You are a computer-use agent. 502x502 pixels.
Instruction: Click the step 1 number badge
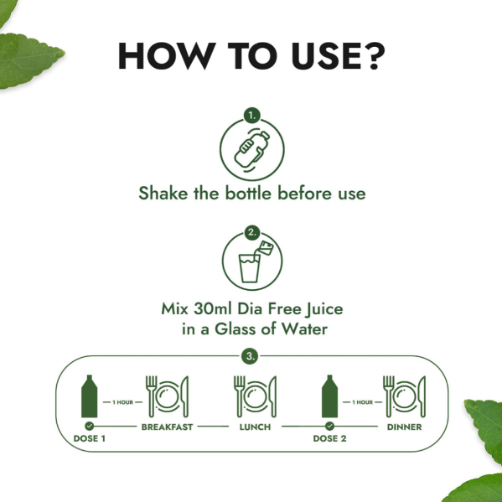pos(252,116)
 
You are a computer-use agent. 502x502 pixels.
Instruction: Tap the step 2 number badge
pos(252,233)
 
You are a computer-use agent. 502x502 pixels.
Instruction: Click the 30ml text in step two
pos(213,308)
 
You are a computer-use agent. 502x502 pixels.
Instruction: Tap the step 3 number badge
pos(250,356)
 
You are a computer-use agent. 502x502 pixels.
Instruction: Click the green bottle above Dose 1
pos(90,396)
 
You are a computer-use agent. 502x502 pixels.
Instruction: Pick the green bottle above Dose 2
pos(329,396)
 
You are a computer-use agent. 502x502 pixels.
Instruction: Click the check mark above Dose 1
pos(90,426)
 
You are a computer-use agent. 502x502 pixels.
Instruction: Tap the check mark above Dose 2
pos(329,426)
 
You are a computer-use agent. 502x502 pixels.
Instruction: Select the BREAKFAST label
pos(167,427)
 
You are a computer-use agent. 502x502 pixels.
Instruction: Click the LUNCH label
pos(255,427)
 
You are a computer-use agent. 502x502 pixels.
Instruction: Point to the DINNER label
pos(404,427)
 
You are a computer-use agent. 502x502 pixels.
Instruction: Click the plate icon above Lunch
pos(255,396)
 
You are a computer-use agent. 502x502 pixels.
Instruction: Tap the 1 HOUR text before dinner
pos(362,402)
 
